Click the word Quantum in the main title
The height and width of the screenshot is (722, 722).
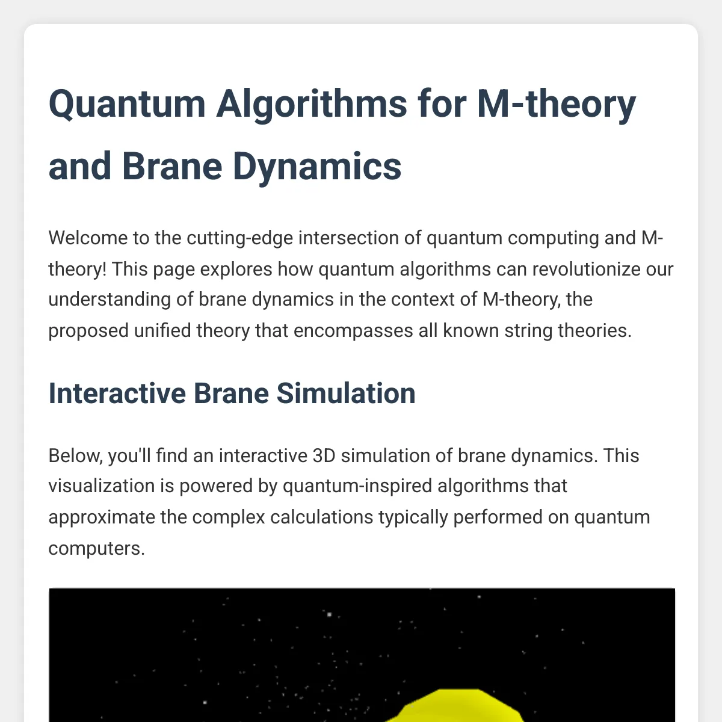127,104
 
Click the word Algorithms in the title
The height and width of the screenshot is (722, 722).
312,104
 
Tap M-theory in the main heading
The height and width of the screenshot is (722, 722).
556,104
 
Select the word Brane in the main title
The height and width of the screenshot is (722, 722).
171,167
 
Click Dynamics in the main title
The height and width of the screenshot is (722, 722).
317,167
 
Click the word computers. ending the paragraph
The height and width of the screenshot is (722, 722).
96,549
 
